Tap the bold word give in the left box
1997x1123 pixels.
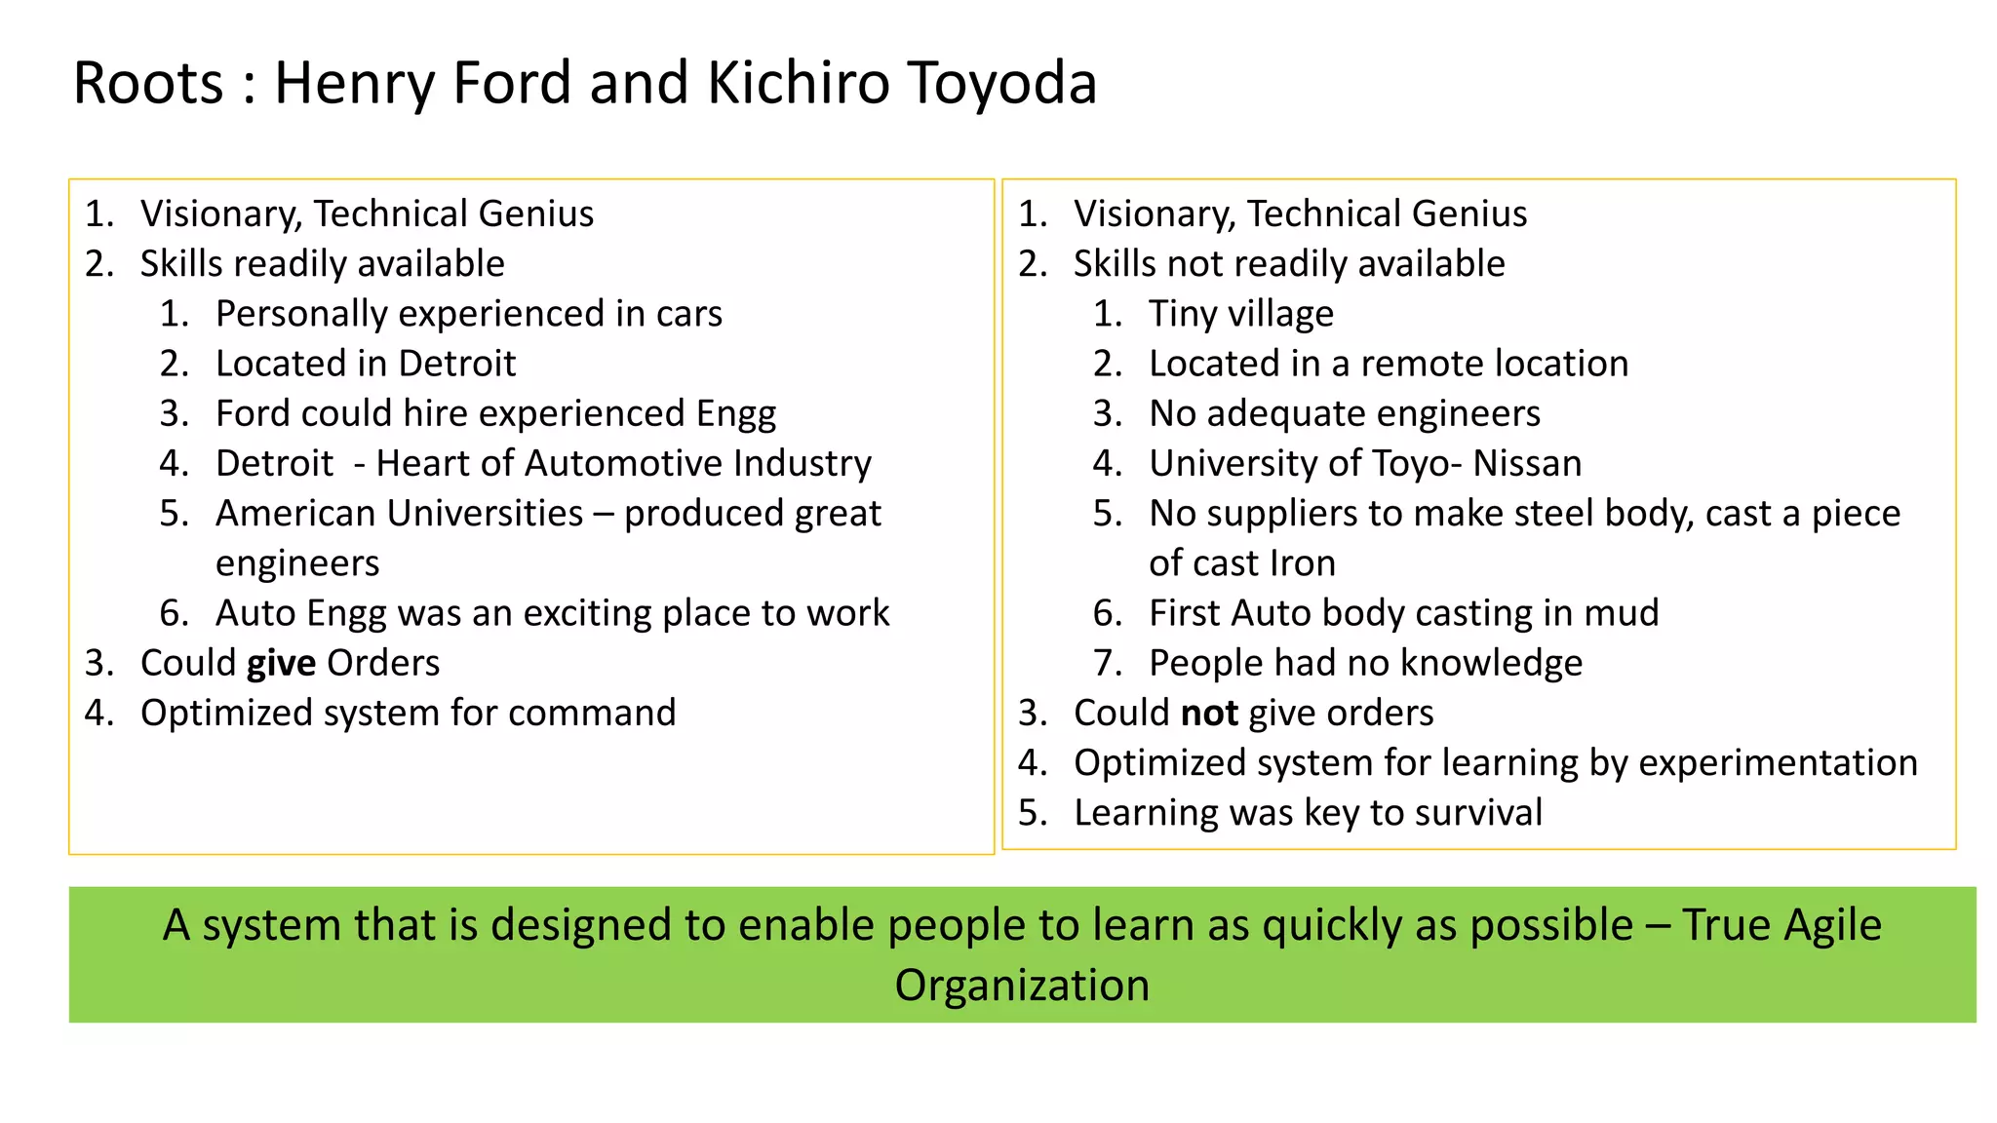(x=281, y=663)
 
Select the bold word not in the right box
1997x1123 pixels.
(x=1209, y=713)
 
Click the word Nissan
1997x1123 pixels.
(x=1527, y=463)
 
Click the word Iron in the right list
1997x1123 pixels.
(x=1303, y=563)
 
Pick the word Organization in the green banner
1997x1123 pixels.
(x=1022, y=985)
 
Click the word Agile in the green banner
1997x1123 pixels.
(x=1832, y=925)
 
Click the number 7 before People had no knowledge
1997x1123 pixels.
(x=1107, y=663)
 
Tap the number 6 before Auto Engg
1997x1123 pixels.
(x=173, y=613)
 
